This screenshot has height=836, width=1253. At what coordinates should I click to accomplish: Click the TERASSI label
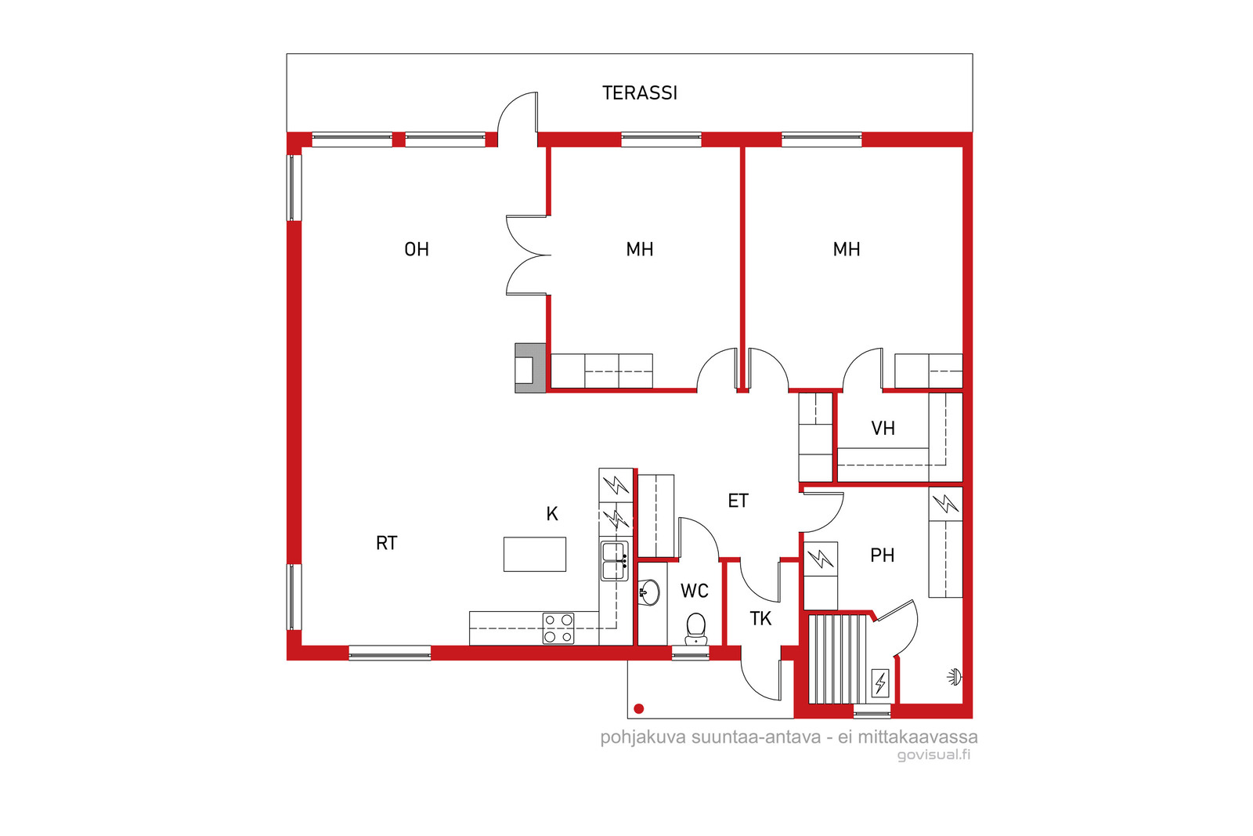(x=639, y=93)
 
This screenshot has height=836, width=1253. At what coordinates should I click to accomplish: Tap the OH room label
(x=417, y=250)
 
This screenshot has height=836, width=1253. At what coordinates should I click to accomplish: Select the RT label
(x=387, y=543)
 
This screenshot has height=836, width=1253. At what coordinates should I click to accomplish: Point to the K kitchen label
(x=552, y=514)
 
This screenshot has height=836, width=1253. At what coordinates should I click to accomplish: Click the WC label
(x=694, y=591)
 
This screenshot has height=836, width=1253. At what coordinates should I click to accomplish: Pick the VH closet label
(x=883, y=429)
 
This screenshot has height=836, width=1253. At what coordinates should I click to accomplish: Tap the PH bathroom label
(x=882, y=555)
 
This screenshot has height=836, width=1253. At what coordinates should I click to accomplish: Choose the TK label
(x=760, y=619)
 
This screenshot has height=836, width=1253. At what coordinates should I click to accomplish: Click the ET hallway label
(x=738, y=501)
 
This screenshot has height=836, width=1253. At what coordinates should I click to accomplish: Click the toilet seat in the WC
(x=696, y=629)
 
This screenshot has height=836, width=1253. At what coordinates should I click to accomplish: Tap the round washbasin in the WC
(x=649, y=592)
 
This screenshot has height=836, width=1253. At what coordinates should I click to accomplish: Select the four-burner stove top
(x=559, y=628)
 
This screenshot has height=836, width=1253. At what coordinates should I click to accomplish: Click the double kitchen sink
(x=614, y=561)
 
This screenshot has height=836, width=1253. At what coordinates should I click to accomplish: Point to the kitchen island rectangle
(x=535, y=555)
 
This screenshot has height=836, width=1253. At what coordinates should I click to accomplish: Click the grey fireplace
(x=530, y=368)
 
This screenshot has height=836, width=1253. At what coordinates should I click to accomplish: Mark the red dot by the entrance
(x=639, y=709)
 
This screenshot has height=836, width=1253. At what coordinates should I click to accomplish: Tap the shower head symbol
(x=955, y=678)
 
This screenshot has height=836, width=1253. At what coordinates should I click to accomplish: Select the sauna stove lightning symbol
(x=880, y=683)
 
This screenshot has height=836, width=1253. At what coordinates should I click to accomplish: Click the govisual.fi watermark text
(x=933, y=755)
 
